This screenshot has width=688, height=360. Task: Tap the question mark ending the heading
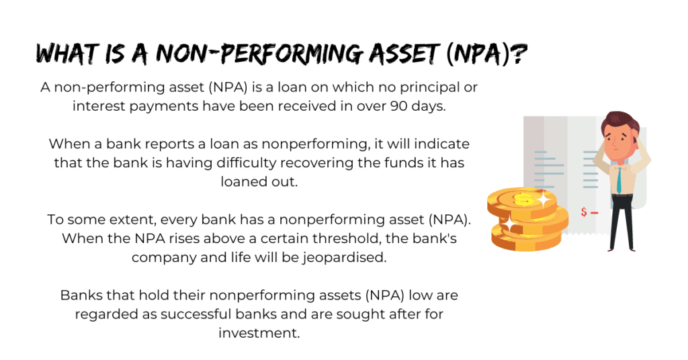coord(519,54)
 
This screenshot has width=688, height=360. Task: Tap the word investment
coord(259,333)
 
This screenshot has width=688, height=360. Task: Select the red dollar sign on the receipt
coord(584,212)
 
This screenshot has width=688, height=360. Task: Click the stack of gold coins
coord(527,219)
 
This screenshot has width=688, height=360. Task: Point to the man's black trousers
coord(621,221)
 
